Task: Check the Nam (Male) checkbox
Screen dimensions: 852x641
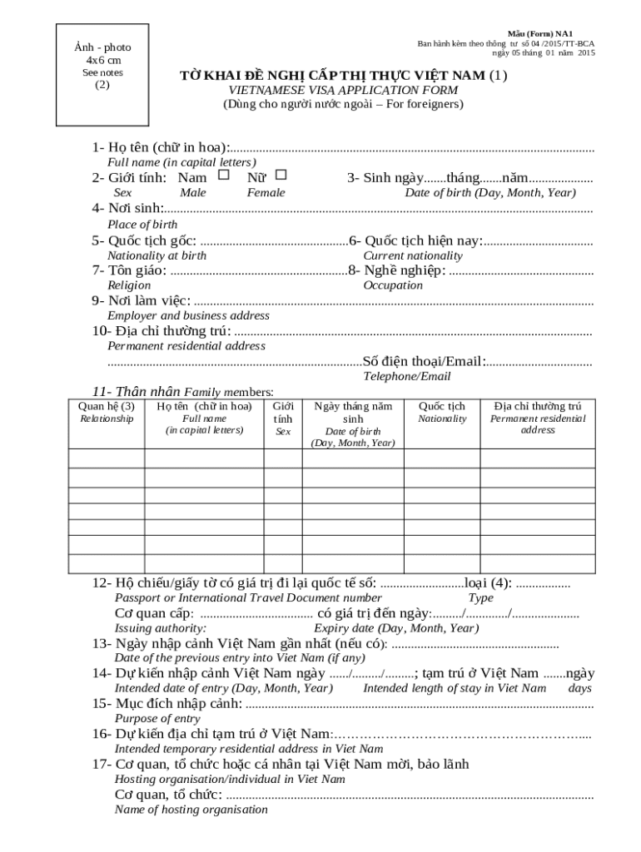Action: point(223,176)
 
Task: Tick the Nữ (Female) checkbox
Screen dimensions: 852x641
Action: point(281,175)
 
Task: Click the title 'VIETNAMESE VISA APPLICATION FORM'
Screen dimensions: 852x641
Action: point(342,90)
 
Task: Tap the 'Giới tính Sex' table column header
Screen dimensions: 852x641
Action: point(284,419)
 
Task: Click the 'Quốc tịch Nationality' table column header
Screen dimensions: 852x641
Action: point(442,413)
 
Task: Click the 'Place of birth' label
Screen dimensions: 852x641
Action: point(142,225)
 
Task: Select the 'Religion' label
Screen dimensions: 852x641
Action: point(130,285)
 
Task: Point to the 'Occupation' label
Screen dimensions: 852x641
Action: point(393,285)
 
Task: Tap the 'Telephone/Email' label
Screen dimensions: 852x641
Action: point(406,377)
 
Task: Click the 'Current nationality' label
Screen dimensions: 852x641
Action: point(413,255)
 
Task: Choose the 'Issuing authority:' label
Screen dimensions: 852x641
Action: point(161,628)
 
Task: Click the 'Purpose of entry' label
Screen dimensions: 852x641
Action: point(157,719)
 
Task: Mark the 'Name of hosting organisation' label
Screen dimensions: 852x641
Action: point(191,810)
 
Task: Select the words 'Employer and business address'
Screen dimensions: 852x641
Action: point(189,316)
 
